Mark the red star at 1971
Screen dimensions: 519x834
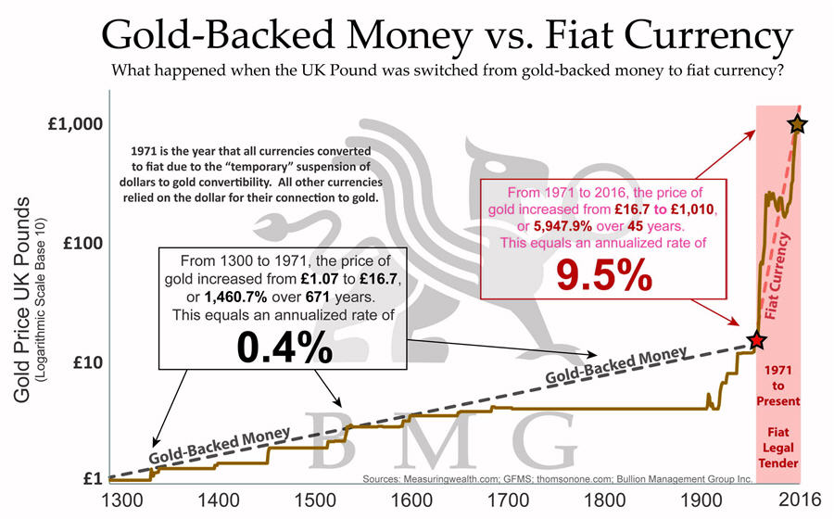[757, 340]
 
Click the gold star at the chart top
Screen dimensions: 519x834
[796, 124]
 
